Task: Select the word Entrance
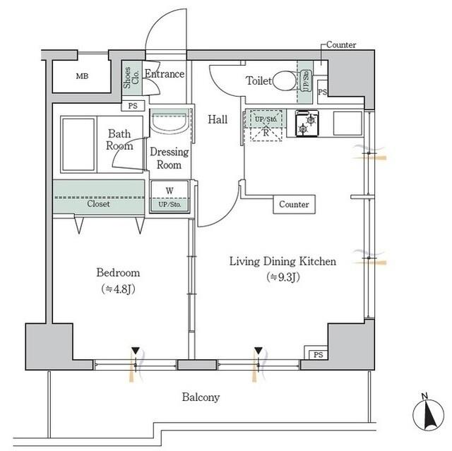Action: pyautogui.click(x=165, y=74)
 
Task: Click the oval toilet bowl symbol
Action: pyautogui.click(x=285, y=80)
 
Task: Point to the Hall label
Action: pyautogui.click(x=218, y=120)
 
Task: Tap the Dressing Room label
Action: pyautogui.click(x=169, y=159)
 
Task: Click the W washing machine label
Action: pyautogui.click(x=169, y=190)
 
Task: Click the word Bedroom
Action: pyautogui.click(x=117, y=272)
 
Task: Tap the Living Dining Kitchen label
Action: pyautogui.click(x=282, y=261)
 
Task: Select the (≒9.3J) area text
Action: pyautogui.click(x=283, y=277)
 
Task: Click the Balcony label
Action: pyautogui.click(x=201, y=397)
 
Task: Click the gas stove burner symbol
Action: pyautogui.click(x=307, y=124)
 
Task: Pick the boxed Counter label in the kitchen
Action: pyautogui.click(x=295, y=205)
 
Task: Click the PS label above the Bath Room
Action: pyautogui.click(x=133, y=107)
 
